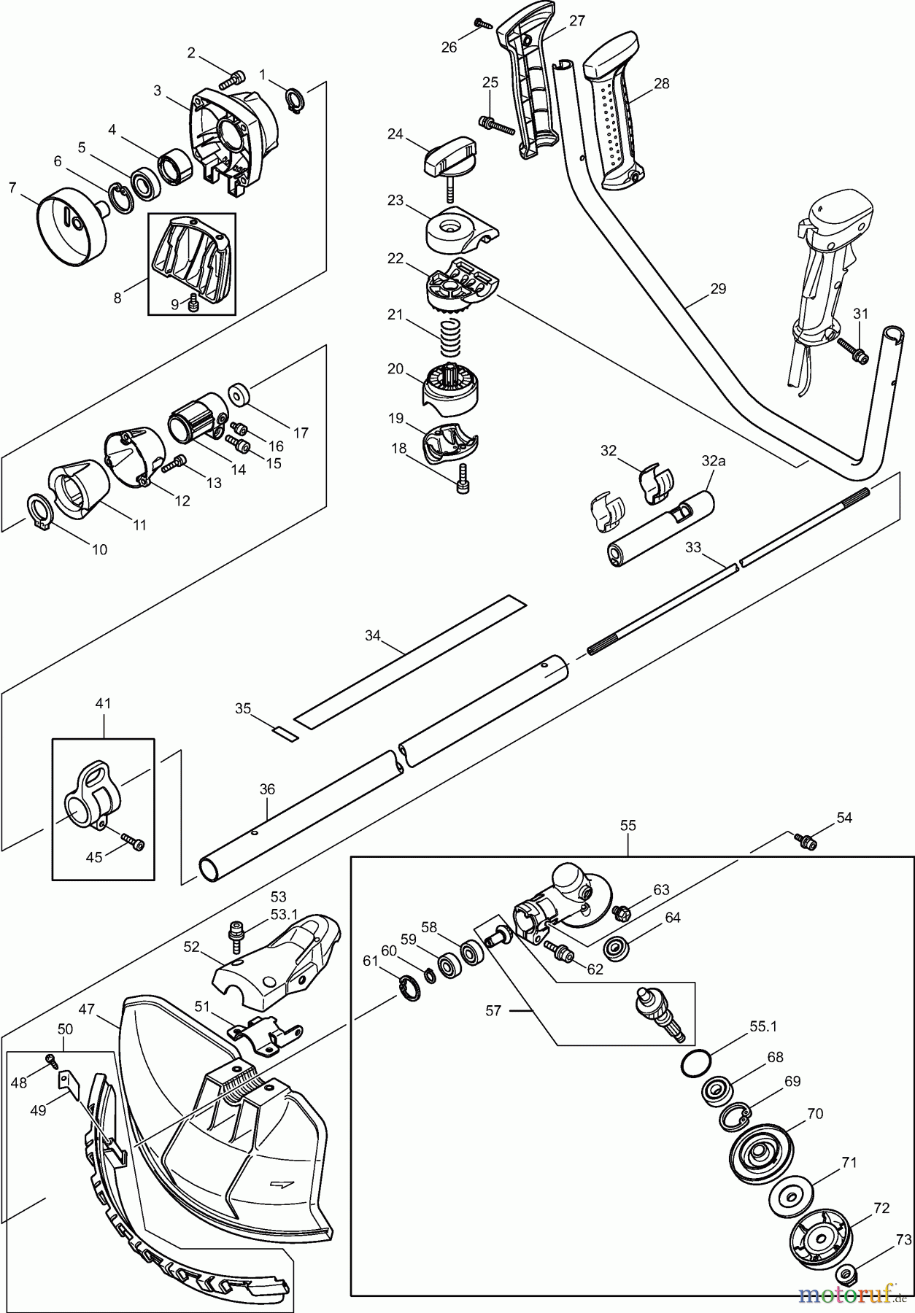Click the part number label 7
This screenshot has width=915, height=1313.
[12, 187]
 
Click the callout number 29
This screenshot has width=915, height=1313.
[718, 289]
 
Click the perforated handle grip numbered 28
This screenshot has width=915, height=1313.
[614, 123]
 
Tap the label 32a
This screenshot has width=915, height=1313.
[713, 461]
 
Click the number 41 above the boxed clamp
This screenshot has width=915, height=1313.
[103, 704]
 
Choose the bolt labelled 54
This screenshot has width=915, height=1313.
[806, 842]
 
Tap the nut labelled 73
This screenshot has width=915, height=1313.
[847, 1274]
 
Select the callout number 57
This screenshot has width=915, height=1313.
[493, 1011]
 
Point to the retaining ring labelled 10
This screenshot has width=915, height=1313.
[39, 511]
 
